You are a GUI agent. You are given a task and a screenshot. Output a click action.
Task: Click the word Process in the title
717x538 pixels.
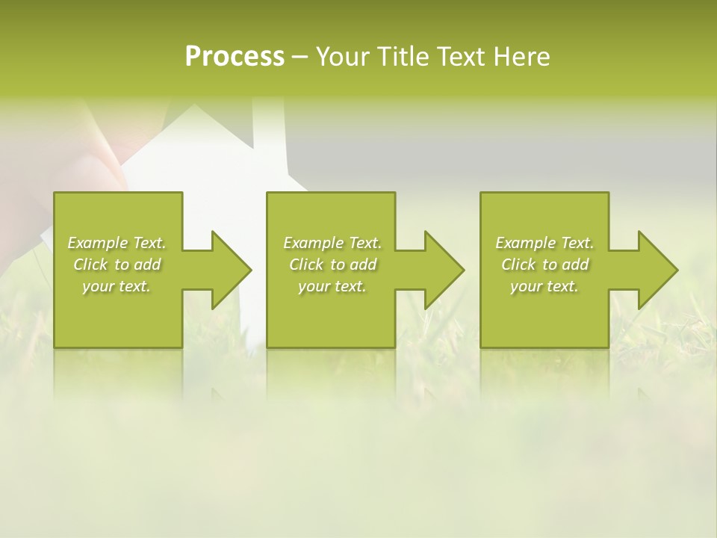pos(235,57)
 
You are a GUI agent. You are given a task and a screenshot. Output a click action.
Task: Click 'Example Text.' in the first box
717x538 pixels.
pos(117,243)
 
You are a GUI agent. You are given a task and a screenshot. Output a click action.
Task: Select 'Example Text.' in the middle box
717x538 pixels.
pos(332,243)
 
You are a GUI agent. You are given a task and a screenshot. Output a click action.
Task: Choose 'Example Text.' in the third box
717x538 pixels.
pos(544,243)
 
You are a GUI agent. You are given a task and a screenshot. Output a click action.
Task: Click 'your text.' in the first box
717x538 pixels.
pos(117,286)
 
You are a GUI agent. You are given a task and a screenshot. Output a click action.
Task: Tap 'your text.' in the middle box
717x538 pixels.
pos(332,286)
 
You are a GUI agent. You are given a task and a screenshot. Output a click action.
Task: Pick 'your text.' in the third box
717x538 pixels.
pos(544,286)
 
